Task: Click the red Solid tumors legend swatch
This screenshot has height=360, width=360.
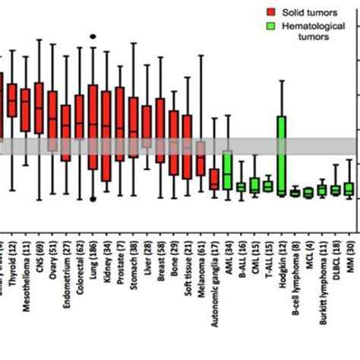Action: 271,12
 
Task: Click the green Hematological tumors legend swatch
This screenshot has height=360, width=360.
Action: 271,27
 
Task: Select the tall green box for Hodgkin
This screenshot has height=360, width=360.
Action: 281,156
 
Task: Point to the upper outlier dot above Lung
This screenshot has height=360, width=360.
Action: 93,36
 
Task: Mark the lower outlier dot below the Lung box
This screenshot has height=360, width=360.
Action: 93,200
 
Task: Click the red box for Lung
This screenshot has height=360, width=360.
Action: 93,127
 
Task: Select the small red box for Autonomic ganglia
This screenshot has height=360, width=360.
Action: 214,179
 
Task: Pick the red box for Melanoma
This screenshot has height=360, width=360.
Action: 201,158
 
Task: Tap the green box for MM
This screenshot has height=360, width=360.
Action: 349,188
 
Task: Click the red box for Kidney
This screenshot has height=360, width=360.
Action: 106,137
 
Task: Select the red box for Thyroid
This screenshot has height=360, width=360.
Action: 12,99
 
